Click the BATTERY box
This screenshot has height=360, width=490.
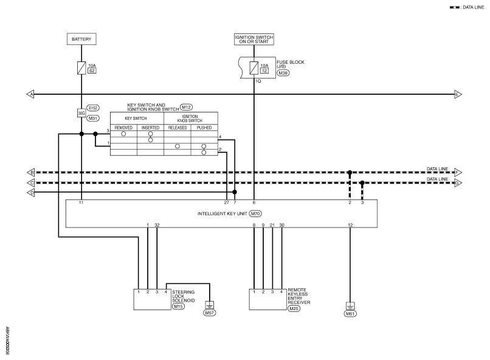click(81, 40)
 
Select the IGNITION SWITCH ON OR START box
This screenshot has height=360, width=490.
click(254, 40)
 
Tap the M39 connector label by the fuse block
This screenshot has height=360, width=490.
click(283, 73)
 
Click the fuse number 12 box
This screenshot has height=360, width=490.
click(264, 71)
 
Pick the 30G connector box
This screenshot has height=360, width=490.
click(81, 112)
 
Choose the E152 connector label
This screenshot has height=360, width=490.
click(93, 108)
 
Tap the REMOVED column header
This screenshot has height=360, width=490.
click(123, 128)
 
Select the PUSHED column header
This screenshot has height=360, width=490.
click(204, 128)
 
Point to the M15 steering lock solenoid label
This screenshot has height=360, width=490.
click(178, 306)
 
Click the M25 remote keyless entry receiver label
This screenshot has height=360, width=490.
click(295, 309)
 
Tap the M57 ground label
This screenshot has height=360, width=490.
click(210, 313)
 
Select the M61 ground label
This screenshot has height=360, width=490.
click(350, 313)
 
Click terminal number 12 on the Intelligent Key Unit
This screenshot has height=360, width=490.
click(350, 226)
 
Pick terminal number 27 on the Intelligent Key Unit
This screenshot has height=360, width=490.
click(226, 201)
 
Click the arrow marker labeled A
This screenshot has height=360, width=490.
click(30, 94)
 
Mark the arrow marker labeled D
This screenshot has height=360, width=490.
click(30, 192)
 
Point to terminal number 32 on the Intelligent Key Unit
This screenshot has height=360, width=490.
click(157, 226)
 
